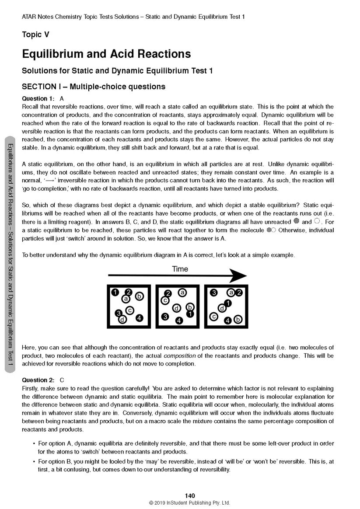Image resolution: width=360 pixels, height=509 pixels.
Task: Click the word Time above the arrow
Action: click(180, 269)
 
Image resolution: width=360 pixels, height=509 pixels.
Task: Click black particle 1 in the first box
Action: click(115, 292)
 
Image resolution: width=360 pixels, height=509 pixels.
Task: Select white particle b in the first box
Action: click(139, 296)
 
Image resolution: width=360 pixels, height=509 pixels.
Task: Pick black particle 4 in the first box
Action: click(139, 318)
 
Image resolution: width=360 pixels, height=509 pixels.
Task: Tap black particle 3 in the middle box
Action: click(165, 316)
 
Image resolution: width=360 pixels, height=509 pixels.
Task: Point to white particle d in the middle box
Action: click(177, 308)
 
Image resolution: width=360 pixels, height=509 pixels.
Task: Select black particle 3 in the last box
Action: click(214, 292)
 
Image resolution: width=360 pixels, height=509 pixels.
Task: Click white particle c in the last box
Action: click(214, 316)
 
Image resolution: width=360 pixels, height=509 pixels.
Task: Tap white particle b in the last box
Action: click(238, 319)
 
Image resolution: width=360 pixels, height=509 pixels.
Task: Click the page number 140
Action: click(189, 495)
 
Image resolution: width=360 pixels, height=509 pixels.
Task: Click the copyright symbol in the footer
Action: click(151, 503)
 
